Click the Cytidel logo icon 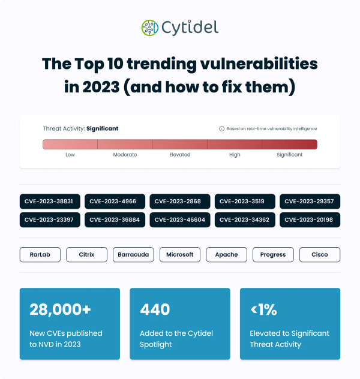pyautogui.click(x=149, y=28)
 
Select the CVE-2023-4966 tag pyautogui.click(x=115, y=201)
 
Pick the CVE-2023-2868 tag pyautogui.click(x=179, y=201)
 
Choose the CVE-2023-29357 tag pyautogui.click(x=310, y=201)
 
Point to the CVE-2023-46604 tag pyautogui.click(x=179, y=219)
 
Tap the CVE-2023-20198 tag pyautogui.click(x=310, y=219)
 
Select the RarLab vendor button pyautogui.click(x=40, y=254)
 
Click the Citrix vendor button pyautogui.click(x=87, y=254)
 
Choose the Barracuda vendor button pyautogui.click(x=133, y=254)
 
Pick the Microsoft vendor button pyautogui.click(x=180, y=254)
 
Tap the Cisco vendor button pyautogui.click(x=320, y=254)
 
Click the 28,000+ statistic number pyautogui.click(x=61, y=309)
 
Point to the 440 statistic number pyautogui.click(x=155, y=309)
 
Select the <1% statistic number pyautogui.click(x=263, y=309)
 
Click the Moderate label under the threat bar pyautogui.click(x=125, y=155)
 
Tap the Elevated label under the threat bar pyautogui.click(x=180, y=155)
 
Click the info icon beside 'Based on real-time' pyautogui.click(x=221, y=128)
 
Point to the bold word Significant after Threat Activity pyautogui.click(x=103, y=128)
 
